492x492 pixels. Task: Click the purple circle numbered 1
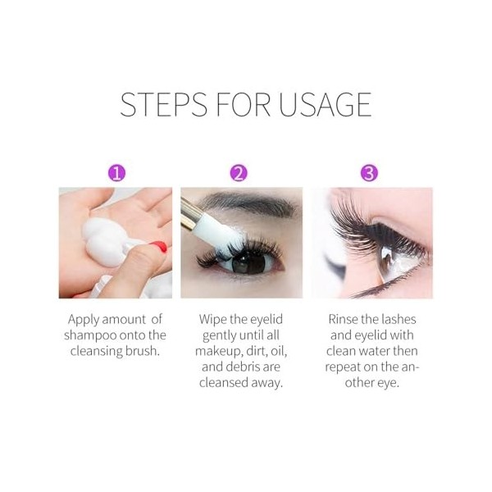point(117,172)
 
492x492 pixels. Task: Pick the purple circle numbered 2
point(239,172)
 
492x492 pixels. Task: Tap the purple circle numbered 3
point(370,172)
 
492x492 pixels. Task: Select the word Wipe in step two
point(215,318)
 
